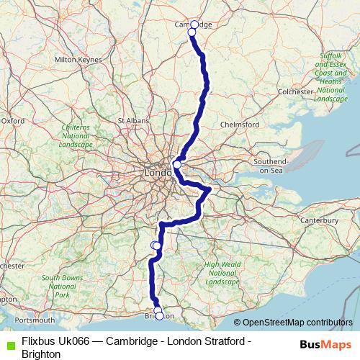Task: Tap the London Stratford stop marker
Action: (x=177, y=165)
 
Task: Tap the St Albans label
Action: (x=132, y=120)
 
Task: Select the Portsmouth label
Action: (x=33, y=320)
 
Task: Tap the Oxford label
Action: (x=13, y=121)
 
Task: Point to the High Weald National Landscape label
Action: (x=221, y=272)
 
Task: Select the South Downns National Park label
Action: (x=62, y=286)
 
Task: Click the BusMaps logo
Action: (x=325, y=343)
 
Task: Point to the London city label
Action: (x=158, y=174)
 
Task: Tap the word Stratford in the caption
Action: (x=222, y=342)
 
